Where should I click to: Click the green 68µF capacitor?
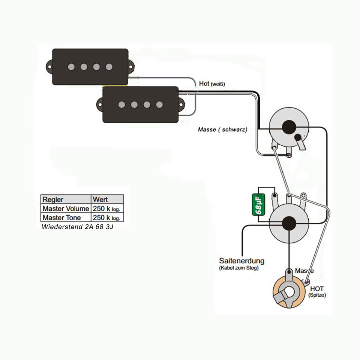click(258, 204)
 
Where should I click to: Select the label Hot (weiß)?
click(212, 84)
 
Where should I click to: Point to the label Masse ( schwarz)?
click(222, 129)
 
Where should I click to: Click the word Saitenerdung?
click(241, 261)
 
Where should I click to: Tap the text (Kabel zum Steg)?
click(238, 268)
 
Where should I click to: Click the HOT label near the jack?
click(317, 289)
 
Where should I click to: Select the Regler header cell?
click(53, 199)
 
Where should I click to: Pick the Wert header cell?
click(100, 199)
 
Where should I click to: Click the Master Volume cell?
click(66, 208)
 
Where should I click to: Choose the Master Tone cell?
click(61, 217)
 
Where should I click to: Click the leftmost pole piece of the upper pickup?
click(71, 67)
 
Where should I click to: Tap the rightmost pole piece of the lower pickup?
click(159, 105)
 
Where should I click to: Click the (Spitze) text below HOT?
click(317, 295)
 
